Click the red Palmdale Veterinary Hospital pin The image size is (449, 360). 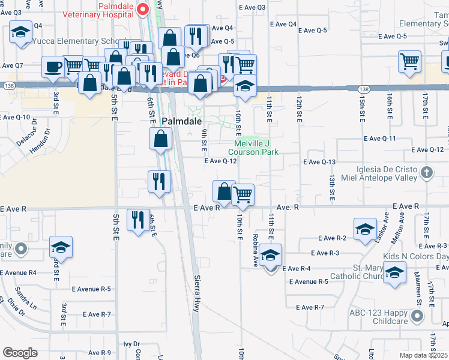[x=143, y=9]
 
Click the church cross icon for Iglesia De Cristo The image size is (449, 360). [x=426, y=173]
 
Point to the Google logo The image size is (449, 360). [x=20, y=353]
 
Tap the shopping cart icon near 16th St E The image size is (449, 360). [x=409, y=61]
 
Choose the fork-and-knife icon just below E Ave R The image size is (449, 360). [x=139, y=220]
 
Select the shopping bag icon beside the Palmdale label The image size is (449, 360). [x=161, y=139]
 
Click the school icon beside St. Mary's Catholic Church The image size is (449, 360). [x=394, y=273]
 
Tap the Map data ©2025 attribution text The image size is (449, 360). [x=423, y=355]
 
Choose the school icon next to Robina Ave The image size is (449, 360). [x=270, y=256]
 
